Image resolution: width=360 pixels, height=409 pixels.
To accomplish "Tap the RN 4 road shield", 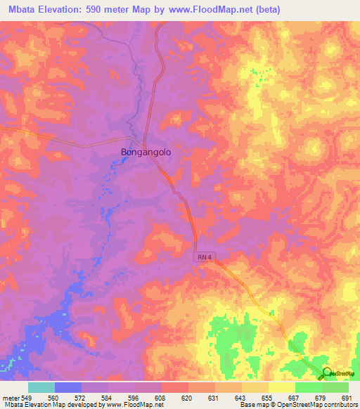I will (x=203, y=259).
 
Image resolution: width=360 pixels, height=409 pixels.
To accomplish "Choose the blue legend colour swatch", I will (x=67, y=387).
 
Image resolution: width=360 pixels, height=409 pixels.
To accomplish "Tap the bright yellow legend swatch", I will (x=281, y=387).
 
